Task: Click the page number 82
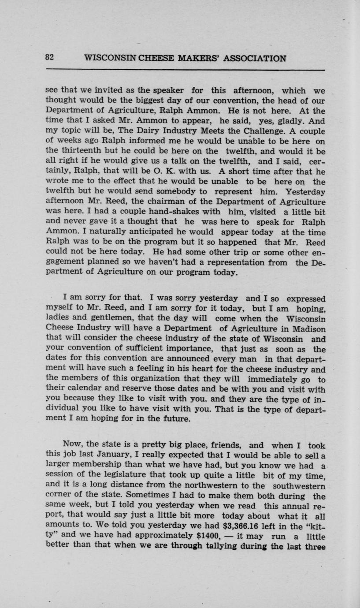point(49,58)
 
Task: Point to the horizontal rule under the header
point(185,70)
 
